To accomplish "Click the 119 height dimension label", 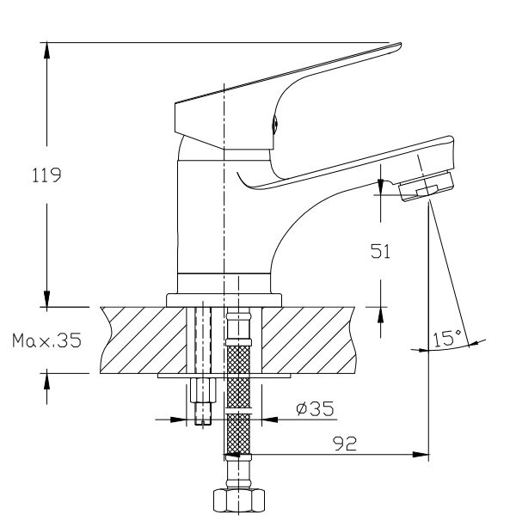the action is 46,175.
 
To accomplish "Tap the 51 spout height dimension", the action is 381,251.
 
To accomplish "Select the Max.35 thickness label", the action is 46,340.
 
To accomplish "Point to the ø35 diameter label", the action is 315,408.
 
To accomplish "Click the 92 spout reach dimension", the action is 345,444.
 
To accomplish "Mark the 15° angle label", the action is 447,338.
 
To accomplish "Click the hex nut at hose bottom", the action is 239,500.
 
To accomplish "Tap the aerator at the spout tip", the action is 427,186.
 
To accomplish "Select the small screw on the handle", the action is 274,124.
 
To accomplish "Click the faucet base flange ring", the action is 224,300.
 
